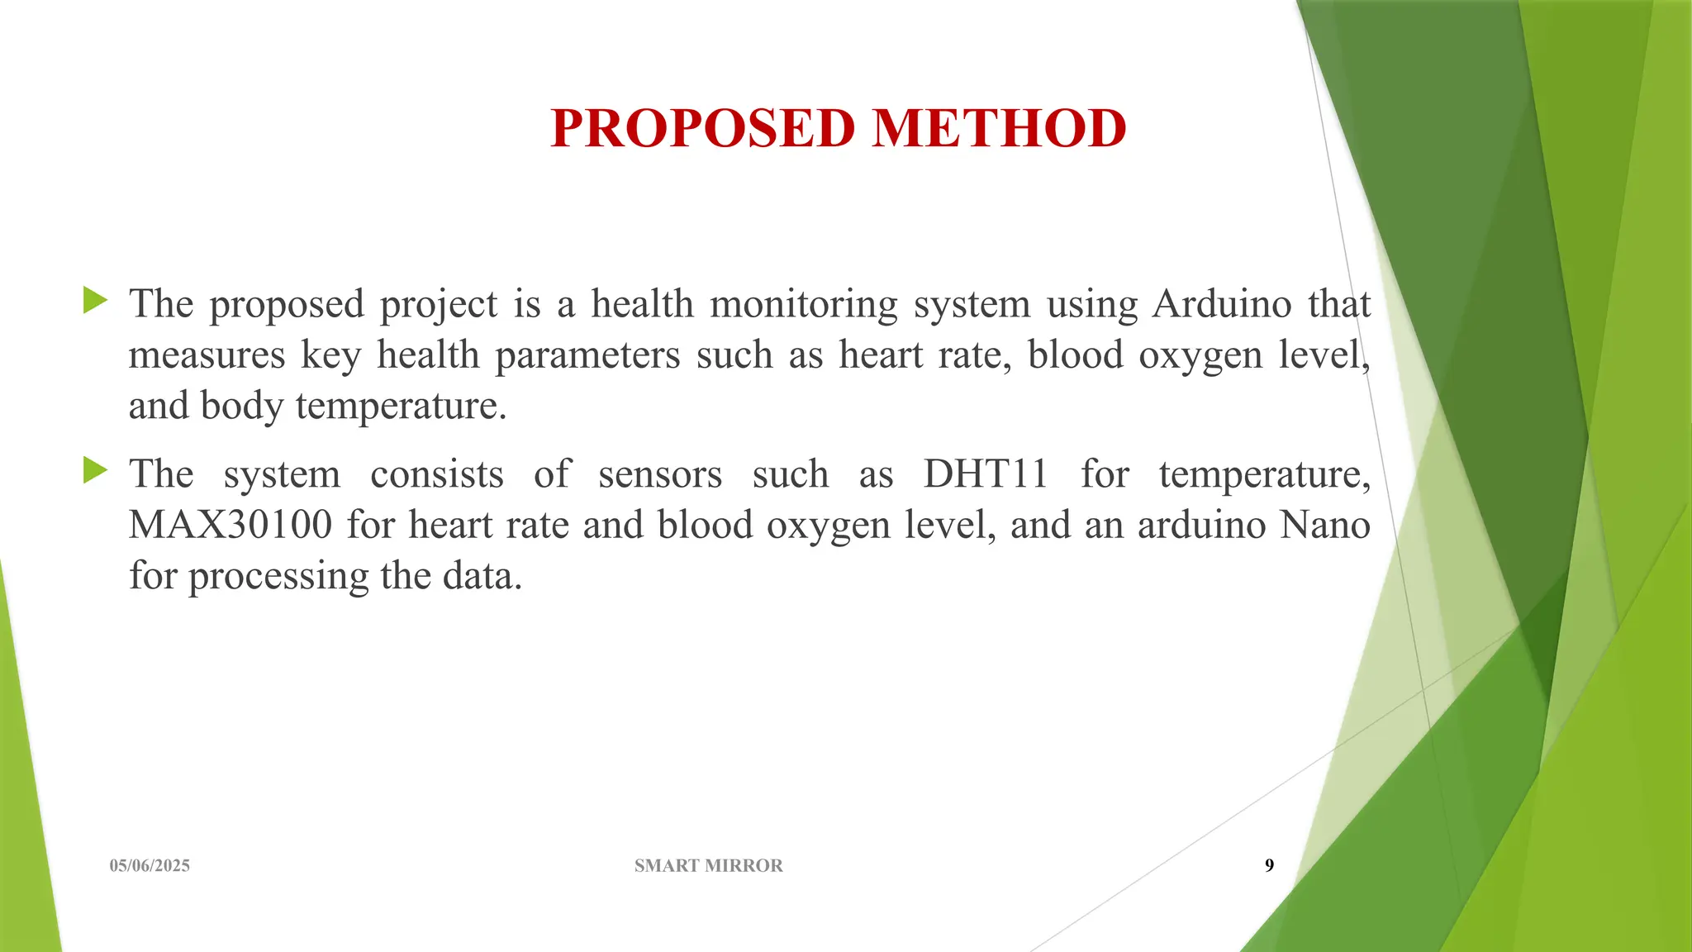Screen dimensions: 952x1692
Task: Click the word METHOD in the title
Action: click(x=1000, y=129)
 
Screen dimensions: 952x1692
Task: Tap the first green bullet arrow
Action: click(x=96, y=301)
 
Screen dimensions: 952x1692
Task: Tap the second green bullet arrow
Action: click(x=96, y=471)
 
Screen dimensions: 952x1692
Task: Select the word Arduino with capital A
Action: click(x=1222, y=304)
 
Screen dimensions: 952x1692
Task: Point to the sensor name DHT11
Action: click(x=986, y=474)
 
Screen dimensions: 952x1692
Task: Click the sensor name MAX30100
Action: click(x=231, y=525)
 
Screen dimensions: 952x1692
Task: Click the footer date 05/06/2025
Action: click(x=150, y=865)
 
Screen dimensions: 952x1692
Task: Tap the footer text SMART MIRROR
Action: click(x=708, y=865)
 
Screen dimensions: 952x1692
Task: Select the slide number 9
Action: click(x=1269, y=865)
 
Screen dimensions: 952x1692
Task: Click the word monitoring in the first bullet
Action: click(x=803, y=304)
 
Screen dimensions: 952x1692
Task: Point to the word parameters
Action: click(x=587, y=355)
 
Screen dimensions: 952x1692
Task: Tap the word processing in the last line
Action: click(x=278, y=576)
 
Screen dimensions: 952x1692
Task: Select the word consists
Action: click(x=436, y=474)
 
